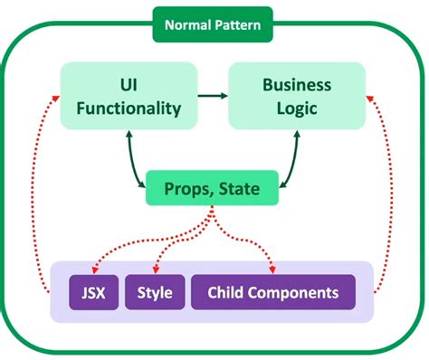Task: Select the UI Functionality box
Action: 129,95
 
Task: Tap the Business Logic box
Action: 298,95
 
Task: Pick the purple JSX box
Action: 93,292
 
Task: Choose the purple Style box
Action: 155,292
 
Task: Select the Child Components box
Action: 272,292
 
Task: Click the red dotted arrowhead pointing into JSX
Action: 94,270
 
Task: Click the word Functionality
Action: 129,109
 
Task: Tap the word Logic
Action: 298,108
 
